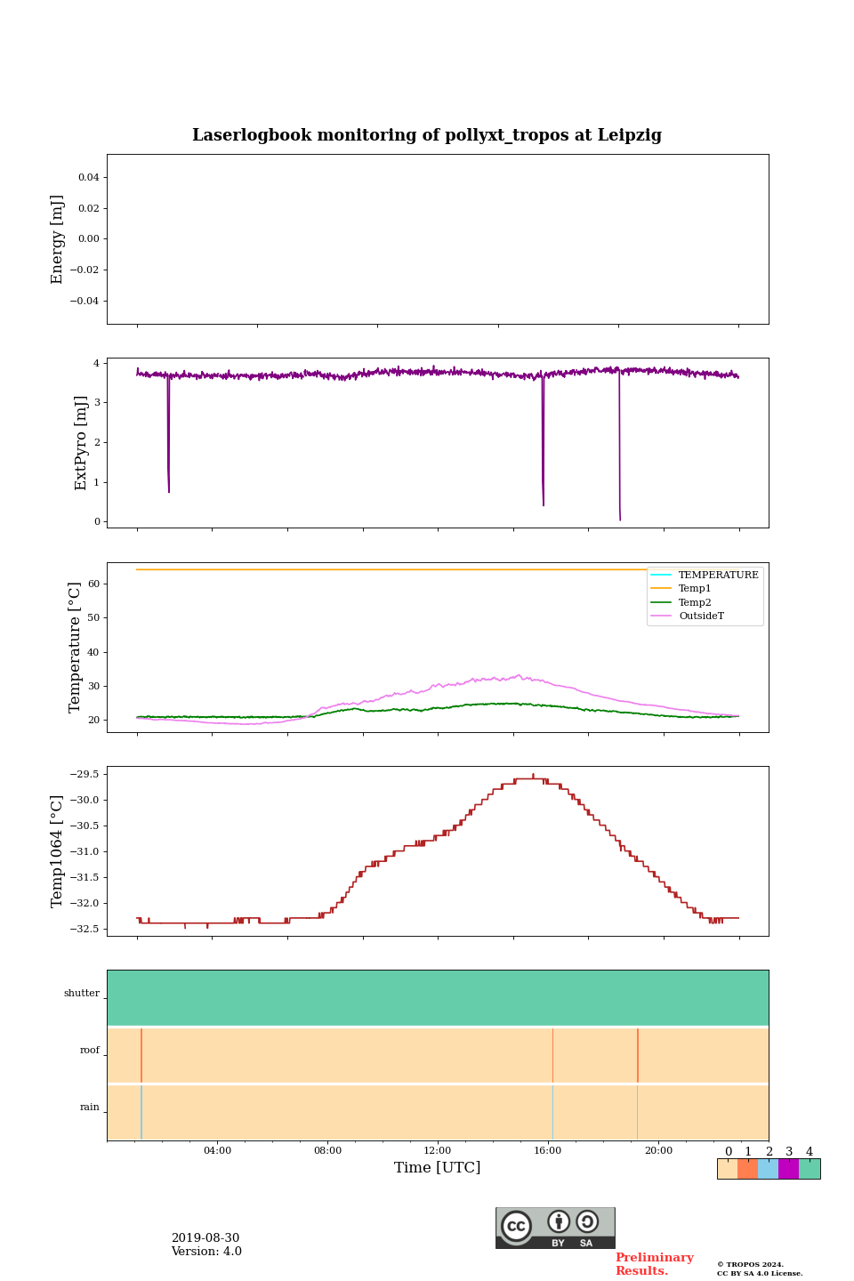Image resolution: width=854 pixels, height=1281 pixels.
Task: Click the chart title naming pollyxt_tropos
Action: click(x=427, y=135)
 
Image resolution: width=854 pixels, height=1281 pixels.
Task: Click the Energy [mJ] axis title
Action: click(x=58, y=239)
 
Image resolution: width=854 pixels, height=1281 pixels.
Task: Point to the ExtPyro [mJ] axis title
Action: click(x=81, y=443)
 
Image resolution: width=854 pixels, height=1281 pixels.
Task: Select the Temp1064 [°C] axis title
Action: click(x=58, y=851)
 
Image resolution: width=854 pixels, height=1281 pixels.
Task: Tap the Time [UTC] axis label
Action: click(x=438, y=1167)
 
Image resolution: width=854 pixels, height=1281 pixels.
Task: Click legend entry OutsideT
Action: click(x=701, y=616)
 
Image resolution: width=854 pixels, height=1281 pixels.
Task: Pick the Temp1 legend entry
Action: click(x=695, y=589)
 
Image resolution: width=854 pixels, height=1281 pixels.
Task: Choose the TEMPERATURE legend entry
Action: click(x=718, y=576)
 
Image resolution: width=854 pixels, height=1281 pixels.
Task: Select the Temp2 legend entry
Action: click(x=695, y=603)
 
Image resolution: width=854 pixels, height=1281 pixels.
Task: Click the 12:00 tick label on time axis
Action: click(x=438, y=1151)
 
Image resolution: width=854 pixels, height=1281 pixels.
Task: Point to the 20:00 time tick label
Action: click(x=658, y=1151)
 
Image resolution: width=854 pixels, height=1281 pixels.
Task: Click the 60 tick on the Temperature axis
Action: click(x=93, y=584)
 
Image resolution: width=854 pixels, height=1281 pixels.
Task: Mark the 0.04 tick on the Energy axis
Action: click(x=88, y=178)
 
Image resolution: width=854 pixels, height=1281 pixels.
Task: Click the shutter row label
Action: click(x=82, y=994)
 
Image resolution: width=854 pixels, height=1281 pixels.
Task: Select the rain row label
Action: click(x=90, y=1108)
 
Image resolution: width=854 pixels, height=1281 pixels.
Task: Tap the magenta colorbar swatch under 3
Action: click(x=788, y=1169)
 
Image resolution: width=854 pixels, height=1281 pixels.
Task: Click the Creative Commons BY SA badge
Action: click(x=555, y=1228)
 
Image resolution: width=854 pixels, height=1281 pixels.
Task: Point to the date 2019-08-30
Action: click(x=205, y=1238)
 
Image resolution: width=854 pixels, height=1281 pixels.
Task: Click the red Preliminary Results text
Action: click(x=654, y=1264)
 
